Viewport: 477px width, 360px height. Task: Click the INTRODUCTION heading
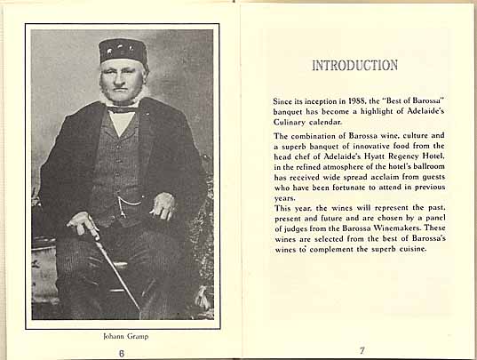pos(354,66)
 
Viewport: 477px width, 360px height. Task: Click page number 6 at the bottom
pos(123,351)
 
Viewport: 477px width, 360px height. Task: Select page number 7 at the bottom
pos(362,350)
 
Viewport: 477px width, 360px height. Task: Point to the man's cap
pos(123,50)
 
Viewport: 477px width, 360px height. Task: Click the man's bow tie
pos(124,108)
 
